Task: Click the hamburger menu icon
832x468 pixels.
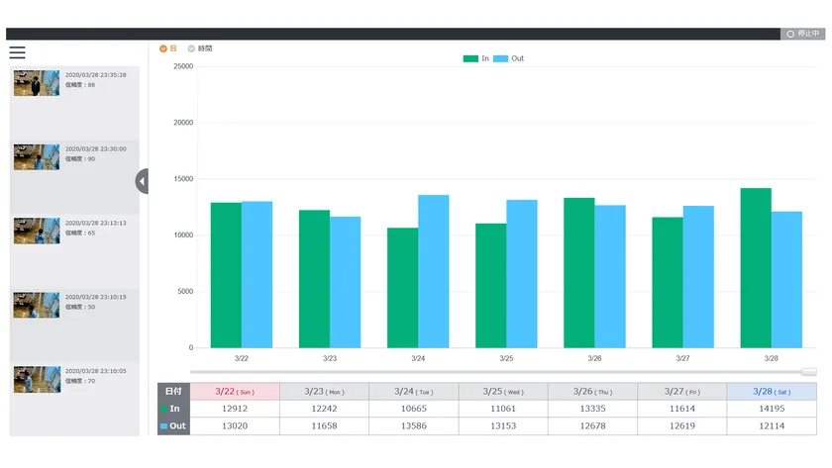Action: tap(17, 52)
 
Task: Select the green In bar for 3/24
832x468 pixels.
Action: tap(402, 287)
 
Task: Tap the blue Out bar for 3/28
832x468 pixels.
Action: tap(785, 279)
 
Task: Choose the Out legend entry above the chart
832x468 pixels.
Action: tap(508, 58)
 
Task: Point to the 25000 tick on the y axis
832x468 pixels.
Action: tap(182, 66)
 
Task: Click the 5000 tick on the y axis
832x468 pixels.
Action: tap(184, 292)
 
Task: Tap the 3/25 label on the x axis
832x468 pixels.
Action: tap(506, 358)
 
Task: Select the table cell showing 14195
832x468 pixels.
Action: tap(772, 409)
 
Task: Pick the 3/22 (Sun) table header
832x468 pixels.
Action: tap(234, 392)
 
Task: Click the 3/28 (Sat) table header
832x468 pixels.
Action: tap(772, 392)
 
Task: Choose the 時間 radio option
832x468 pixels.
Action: tap(191, 47)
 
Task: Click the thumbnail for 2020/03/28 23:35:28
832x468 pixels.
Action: tap(37, 82)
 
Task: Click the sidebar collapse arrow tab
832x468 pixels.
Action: tap(142, 181)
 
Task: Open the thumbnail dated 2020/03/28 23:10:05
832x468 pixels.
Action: tap(37, 379)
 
